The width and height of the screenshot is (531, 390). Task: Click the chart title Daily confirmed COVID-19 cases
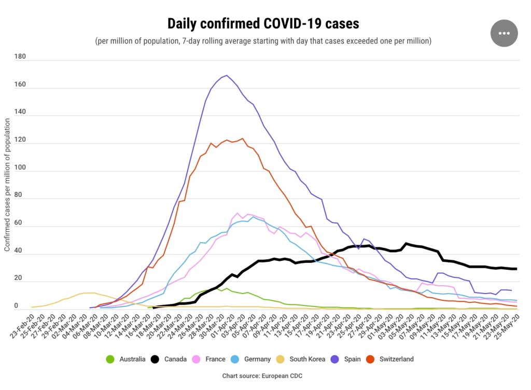(263, 23)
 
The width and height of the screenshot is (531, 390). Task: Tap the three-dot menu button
(504, 33)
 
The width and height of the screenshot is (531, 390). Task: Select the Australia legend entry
(127, 359)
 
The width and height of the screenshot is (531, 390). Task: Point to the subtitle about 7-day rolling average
(263, 41)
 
